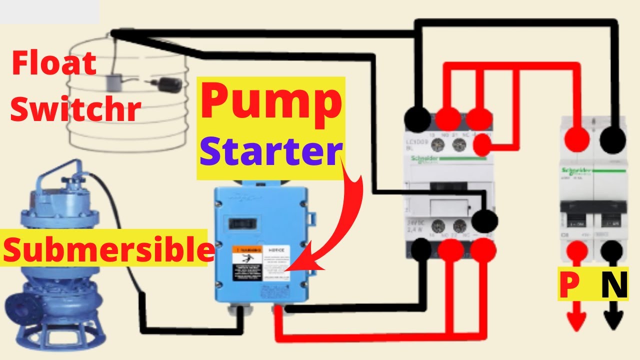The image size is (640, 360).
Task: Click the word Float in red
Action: pyautogui.click(x=54, y=64)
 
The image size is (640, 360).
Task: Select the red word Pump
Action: pyautogui.click(x=271, y=102)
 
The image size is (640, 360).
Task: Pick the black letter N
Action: pyautogui.click(x=613, y=286)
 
